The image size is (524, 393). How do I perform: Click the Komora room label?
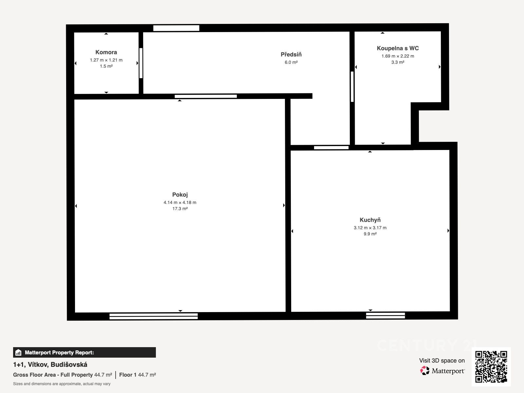106,52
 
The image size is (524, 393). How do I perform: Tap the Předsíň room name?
291,54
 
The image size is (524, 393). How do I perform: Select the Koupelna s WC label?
398,48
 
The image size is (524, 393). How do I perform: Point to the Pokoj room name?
180,195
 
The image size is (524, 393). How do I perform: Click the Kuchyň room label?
370,220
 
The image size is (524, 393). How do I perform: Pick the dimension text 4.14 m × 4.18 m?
180,202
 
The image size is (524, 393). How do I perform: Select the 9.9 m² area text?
370,234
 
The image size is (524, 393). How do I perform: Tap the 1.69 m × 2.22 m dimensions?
398,56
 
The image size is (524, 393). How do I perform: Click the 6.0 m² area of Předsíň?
291,62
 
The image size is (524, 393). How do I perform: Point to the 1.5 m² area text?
106,66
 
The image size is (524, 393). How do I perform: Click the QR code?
491,366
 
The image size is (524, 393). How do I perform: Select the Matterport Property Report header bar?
84,352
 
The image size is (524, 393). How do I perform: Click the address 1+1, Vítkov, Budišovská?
50,365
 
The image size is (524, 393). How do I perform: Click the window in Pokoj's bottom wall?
154,316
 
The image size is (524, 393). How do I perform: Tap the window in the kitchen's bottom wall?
385,315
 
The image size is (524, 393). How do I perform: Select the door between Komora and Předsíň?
141,63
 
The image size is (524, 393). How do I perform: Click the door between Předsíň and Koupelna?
352,86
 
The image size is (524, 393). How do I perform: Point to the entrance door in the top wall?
176,28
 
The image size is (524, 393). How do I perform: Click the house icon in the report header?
18,352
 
